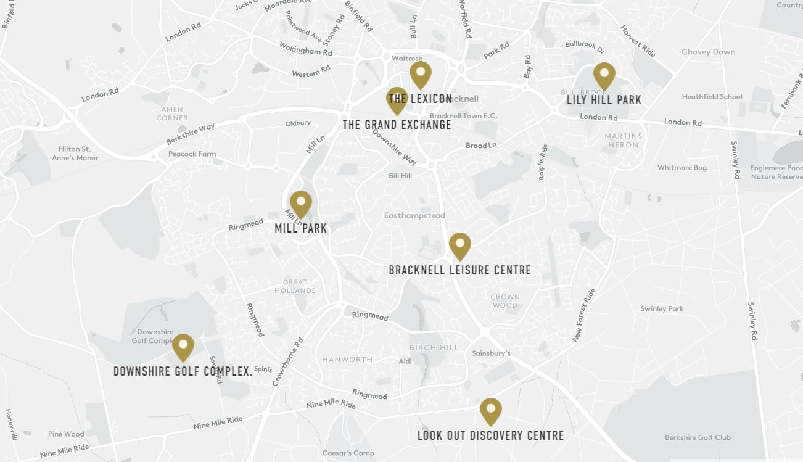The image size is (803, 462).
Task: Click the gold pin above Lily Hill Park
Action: pos(604,75)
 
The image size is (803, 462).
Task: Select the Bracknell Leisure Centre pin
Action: pos(459,245)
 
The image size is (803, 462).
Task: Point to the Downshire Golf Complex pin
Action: pos(183,347)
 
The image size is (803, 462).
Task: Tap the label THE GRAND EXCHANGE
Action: pos(397,125)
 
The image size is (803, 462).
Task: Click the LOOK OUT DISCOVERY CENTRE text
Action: pos(490,435)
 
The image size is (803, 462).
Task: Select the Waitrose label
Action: pos(407,59)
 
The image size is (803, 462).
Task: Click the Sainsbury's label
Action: pos(491,353)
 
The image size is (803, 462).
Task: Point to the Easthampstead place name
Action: pos(414,216)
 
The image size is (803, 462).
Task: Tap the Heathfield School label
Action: pos(712,97)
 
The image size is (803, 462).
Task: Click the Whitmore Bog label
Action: pos(682,168)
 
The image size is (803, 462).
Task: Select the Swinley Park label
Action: pos(662,309)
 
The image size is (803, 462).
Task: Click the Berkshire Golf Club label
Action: pos(698,438)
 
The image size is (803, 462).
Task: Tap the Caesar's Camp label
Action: pos(348,453)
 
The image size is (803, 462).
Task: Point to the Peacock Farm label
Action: pos(192,154)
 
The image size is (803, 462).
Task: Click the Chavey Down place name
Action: pos(708,52)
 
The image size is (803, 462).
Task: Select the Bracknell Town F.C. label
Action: pos(463,116)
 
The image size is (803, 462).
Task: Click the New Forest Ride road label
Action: pos(583,315)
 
